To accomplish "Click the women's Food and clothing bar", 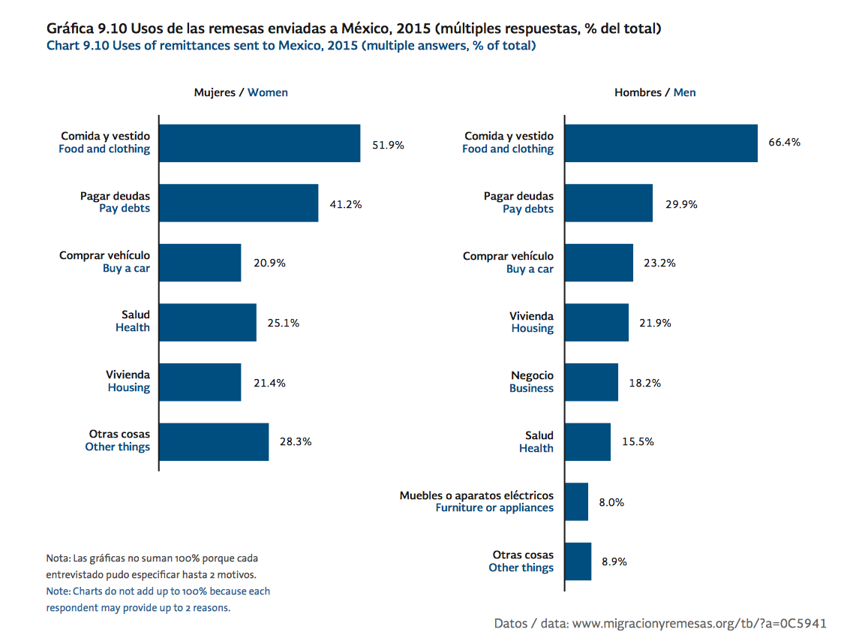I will (260, 143).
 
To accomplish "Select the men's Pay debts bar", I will (608, 203).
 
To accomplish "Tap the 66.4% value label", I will (784, 143).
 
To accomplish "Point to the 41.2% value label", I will (346, 203).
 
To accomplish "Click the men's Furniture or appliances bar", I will (576, 501).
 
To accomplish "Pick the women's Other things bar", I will (214, 441).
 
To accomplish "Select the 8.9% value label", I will (614, 561).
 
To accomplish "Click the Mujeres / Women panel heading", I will (241, 92).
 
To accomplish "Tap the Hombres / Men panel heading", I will (655, 92).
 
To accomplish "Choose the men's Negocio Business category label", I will (532, 381).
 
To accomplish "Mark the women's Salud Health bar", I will (208, 322).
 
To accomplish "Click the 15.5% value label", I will (638, 441).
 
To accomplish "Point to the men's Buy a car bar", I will (599, 263).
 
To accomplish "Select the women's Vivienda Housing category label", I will (128, 381).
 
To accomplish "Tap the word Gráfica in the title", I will (70, 29).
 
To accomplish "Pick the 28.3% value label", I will (296, 441).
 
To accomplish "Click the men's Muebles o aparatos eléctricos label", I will (476, 495).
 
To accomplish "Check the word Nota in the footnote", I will (57, 558).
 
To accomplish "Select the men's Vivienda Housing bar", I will (596, 322).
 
